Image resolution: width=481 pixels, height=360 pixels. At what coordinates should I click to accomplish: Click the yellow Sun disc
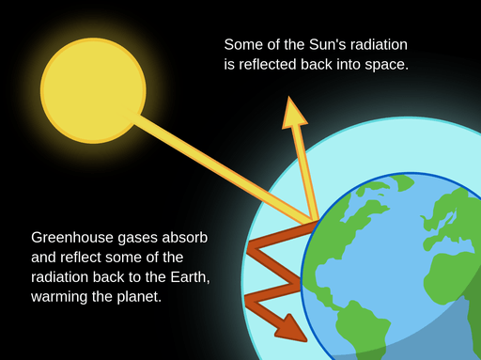click(x=93, y=91)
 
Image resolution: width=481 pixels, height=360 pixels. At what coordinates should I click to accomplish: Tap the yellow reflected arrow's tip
click(x=288, y=97)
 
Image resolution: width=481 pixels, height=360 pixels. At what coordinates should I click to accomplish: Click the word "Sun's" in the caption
click(x=327, y=44)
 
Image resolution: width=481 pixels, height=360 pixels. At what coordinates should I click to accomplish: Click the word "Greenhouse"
click(x=72, y=238)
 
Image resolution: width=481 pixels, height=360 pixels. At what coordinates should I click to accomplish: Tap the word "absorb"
click(x=185, y=238)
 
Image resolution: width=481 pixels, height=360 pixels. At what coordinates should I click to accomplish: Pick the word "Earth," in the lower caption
click(x=190, y=277)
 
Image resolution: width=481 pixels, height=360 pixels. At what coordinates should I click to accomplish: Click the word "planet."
click(x=139, y=297)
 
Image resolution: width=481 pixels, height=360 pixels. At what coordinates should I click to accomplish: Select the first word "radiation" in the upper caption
click(x=379, y=44)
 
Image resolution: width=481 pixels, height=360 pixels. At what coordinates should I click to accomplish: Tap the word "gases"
click(x=137, y=239)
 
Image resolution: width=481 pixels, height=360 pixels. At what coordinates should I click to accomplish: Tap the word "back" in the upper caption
click(x=317, y=65)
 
